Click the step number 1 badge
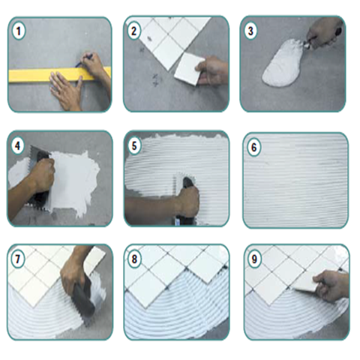[x=18, y=31]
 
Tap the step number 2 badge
[x=134, y=31]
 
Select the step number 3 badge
[x=250, y=31]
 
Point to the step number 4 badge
[x=17, y=145]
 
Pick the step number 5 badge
[x=134, y=146]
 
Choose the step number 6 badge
[x=253, y=147]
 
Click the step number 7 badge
[x=17, y=259]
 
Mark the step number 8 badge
[x=134, y=259]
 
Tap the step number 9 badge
[x=254, y=259]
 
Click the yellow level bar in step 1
[x=59, y=75]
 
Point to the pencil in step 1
[x=84, y=61]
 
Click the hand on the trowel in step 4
[x=42, y=175]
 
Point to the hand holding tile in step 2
[x=212, y=70]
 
